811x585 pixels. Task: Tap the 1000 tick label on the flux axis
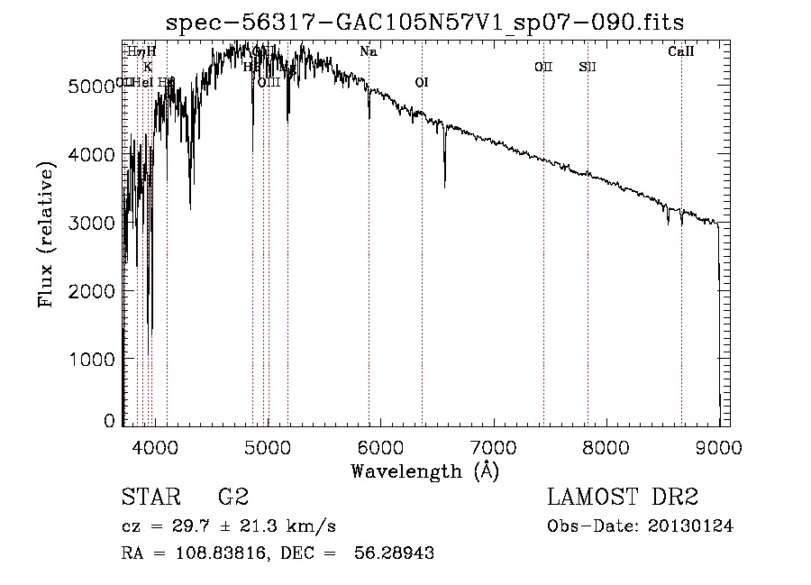tap(93, 359)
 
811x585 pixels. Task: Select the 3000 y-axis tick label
tap(93, 223)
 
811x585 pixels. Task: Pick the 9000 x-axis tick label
tap(718, 446)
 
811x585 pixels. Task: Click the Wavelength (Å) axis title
tap(424, 471)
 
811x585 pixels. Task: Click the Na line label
tap(368, 52)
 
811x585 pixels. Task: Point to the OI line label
tap(421, 83)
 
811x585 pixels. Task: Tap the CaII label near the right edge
tap(680, 52)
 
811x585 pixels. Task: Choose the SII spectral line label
tap(588, 67)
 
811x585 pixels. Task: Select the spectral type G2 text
tap(232, 498)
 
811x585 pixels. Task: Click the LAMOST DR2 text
tap(623, 498)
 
